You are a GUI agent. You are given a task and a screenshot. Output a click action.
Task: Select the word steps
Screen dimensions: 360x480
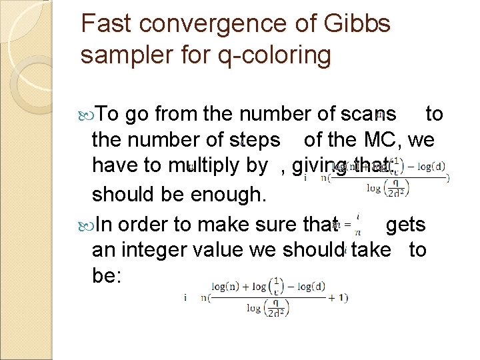(254, 140)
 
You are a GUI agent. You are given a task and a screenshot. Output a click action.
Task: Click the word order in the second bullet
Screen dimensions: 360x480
(146, 225)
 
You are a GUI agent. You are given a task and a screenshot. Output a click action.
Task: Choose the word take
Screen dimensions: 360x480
(377, 251)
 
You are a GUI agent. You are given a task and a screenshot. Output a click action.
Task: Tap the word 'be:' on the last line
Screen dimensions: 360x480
(106, 275)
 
